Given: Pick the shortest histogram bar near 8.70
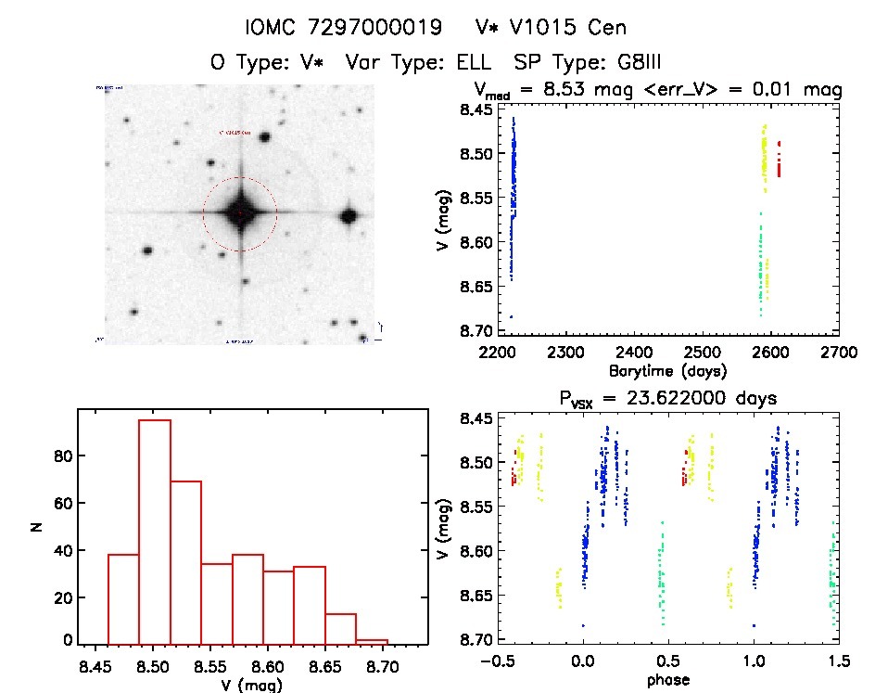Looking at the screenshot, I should pos(373,641).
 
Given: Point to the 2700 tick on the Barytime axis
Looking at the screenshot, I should pos(838,353).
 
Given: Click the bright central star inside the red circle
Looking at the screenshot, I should pos(239,213).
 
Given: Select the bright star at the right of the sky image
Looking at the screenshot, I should pos(349,216).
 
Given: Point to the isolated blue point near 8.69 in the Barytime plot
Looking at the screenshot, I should pos(511,317).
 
